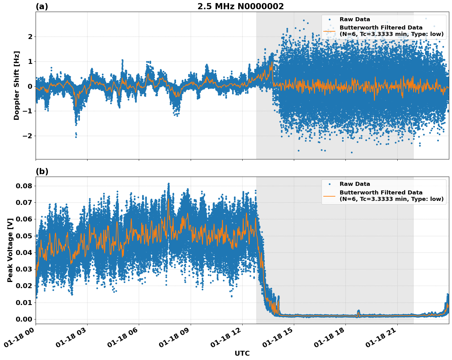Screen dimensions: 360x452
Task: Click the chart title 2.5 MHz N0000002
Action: (x=240, y=6)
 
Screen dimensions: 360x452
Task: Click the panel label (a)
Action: (x=42, y=6)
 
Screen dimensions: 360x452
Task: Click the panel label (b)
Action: (x=42, y=171)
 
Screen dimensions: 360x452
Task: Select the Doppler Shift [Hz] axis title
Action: (x=17, y=85)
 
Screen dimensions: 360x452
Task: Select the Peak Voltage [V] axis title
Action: (x=10, y=250)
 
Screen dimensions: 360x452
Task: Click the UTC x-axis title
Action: (x=242, y=353)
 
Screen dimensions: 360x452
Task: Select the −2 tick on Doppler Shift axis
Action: (x=28, y=136)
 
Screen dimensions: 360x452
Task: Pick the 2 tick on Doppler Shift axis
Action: (x=30, y=37)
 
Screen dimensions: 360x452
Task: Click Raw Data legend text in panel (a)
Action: (x=355, y=19)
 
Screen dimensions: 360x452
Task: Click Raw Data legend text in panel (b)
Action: (x=355, y=184)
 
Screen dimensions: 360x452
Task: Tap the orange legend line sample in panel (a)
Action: (x=329, y=31)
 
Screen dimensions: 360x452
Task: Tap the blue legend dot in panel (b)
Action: (x=329, y=184)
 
